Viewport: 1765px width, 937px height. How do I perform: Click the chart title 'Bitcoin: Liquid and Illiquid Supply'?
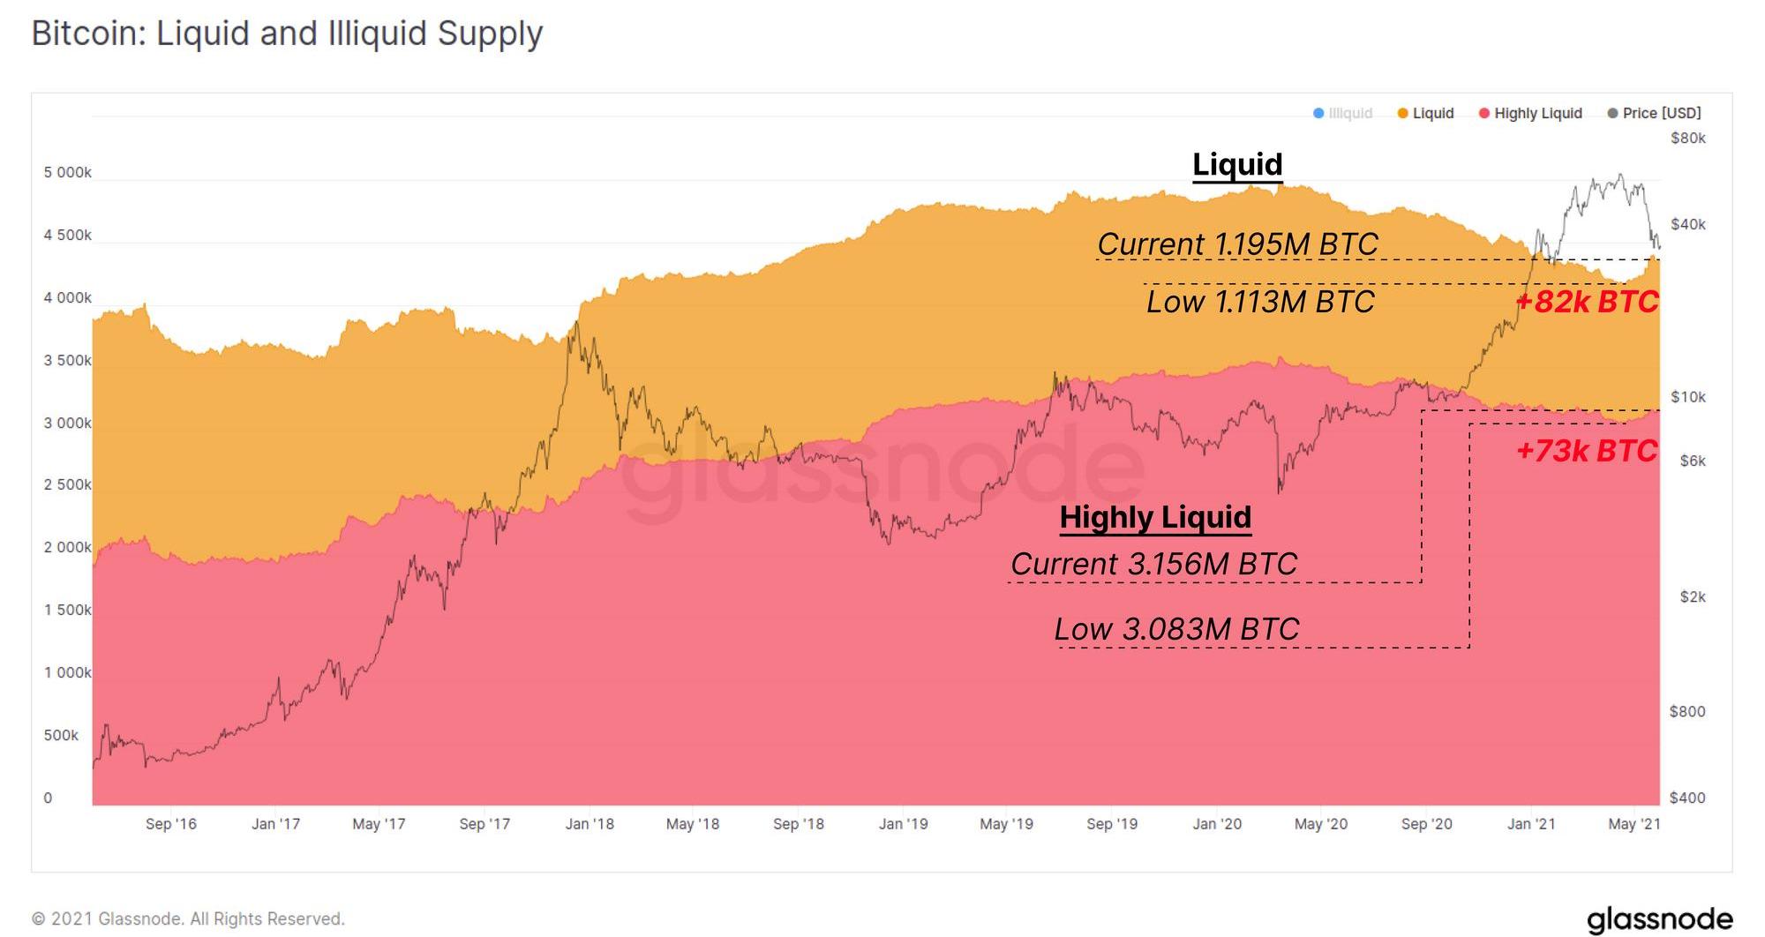click(x=287, y=34)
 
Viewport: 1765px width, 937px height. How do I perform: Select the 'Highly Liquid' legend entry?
click(x=1530, y=113)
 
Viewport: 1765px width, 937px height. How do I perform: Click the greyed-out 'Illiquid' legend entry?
click(x=1343, y=113)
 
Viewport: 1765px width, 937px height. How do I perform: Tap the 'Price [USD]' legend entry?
click(x=1655, y=113)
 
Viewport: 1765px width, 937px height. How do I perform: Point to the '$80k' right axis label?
click(x=1687, y=138)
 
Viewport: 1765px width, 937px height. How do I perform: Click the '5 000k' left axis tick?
click(x=67, y=172)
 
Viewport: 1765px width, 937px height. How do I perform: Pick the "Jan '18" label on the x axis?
click(x=590, y=823)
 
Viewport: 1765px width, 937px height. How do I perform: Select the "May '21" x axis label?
click(x=1634, y=823)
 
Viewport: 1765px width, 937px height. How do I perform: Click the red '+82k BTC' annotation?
click(x=1587, y=302)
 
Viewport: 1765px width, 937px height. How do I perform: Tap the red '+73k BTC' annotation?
click(x=1587, y=451)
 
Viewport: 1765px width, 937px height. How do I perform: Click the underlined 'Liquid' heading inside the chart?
click(x=1237, y=164)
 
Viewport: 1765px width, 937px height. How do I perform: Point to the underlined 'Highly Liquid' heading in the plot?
click(x=1155, y=517)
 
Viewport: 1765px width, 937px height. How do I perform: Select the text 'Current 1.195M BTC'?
click(x=1237, y=244)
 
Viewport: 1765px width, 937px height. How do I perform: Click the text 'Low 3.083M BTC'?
click(x=1176, y=629)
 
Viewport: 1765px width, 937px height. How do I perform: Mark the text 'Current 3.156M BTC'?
click(x=1153, y=564)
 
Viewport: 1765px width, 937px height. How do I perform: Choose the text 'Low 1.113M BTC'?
click(x=1260, y=302)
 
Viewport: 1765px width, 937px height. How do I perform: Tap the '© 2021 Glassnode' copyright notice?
click(x=188, y=918)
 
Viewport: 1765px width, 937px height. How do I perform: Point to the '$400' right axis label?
click(x=1687, y=798)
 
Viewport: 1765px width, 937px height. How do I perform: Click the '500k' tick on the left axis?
click(x=61, y=735)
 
